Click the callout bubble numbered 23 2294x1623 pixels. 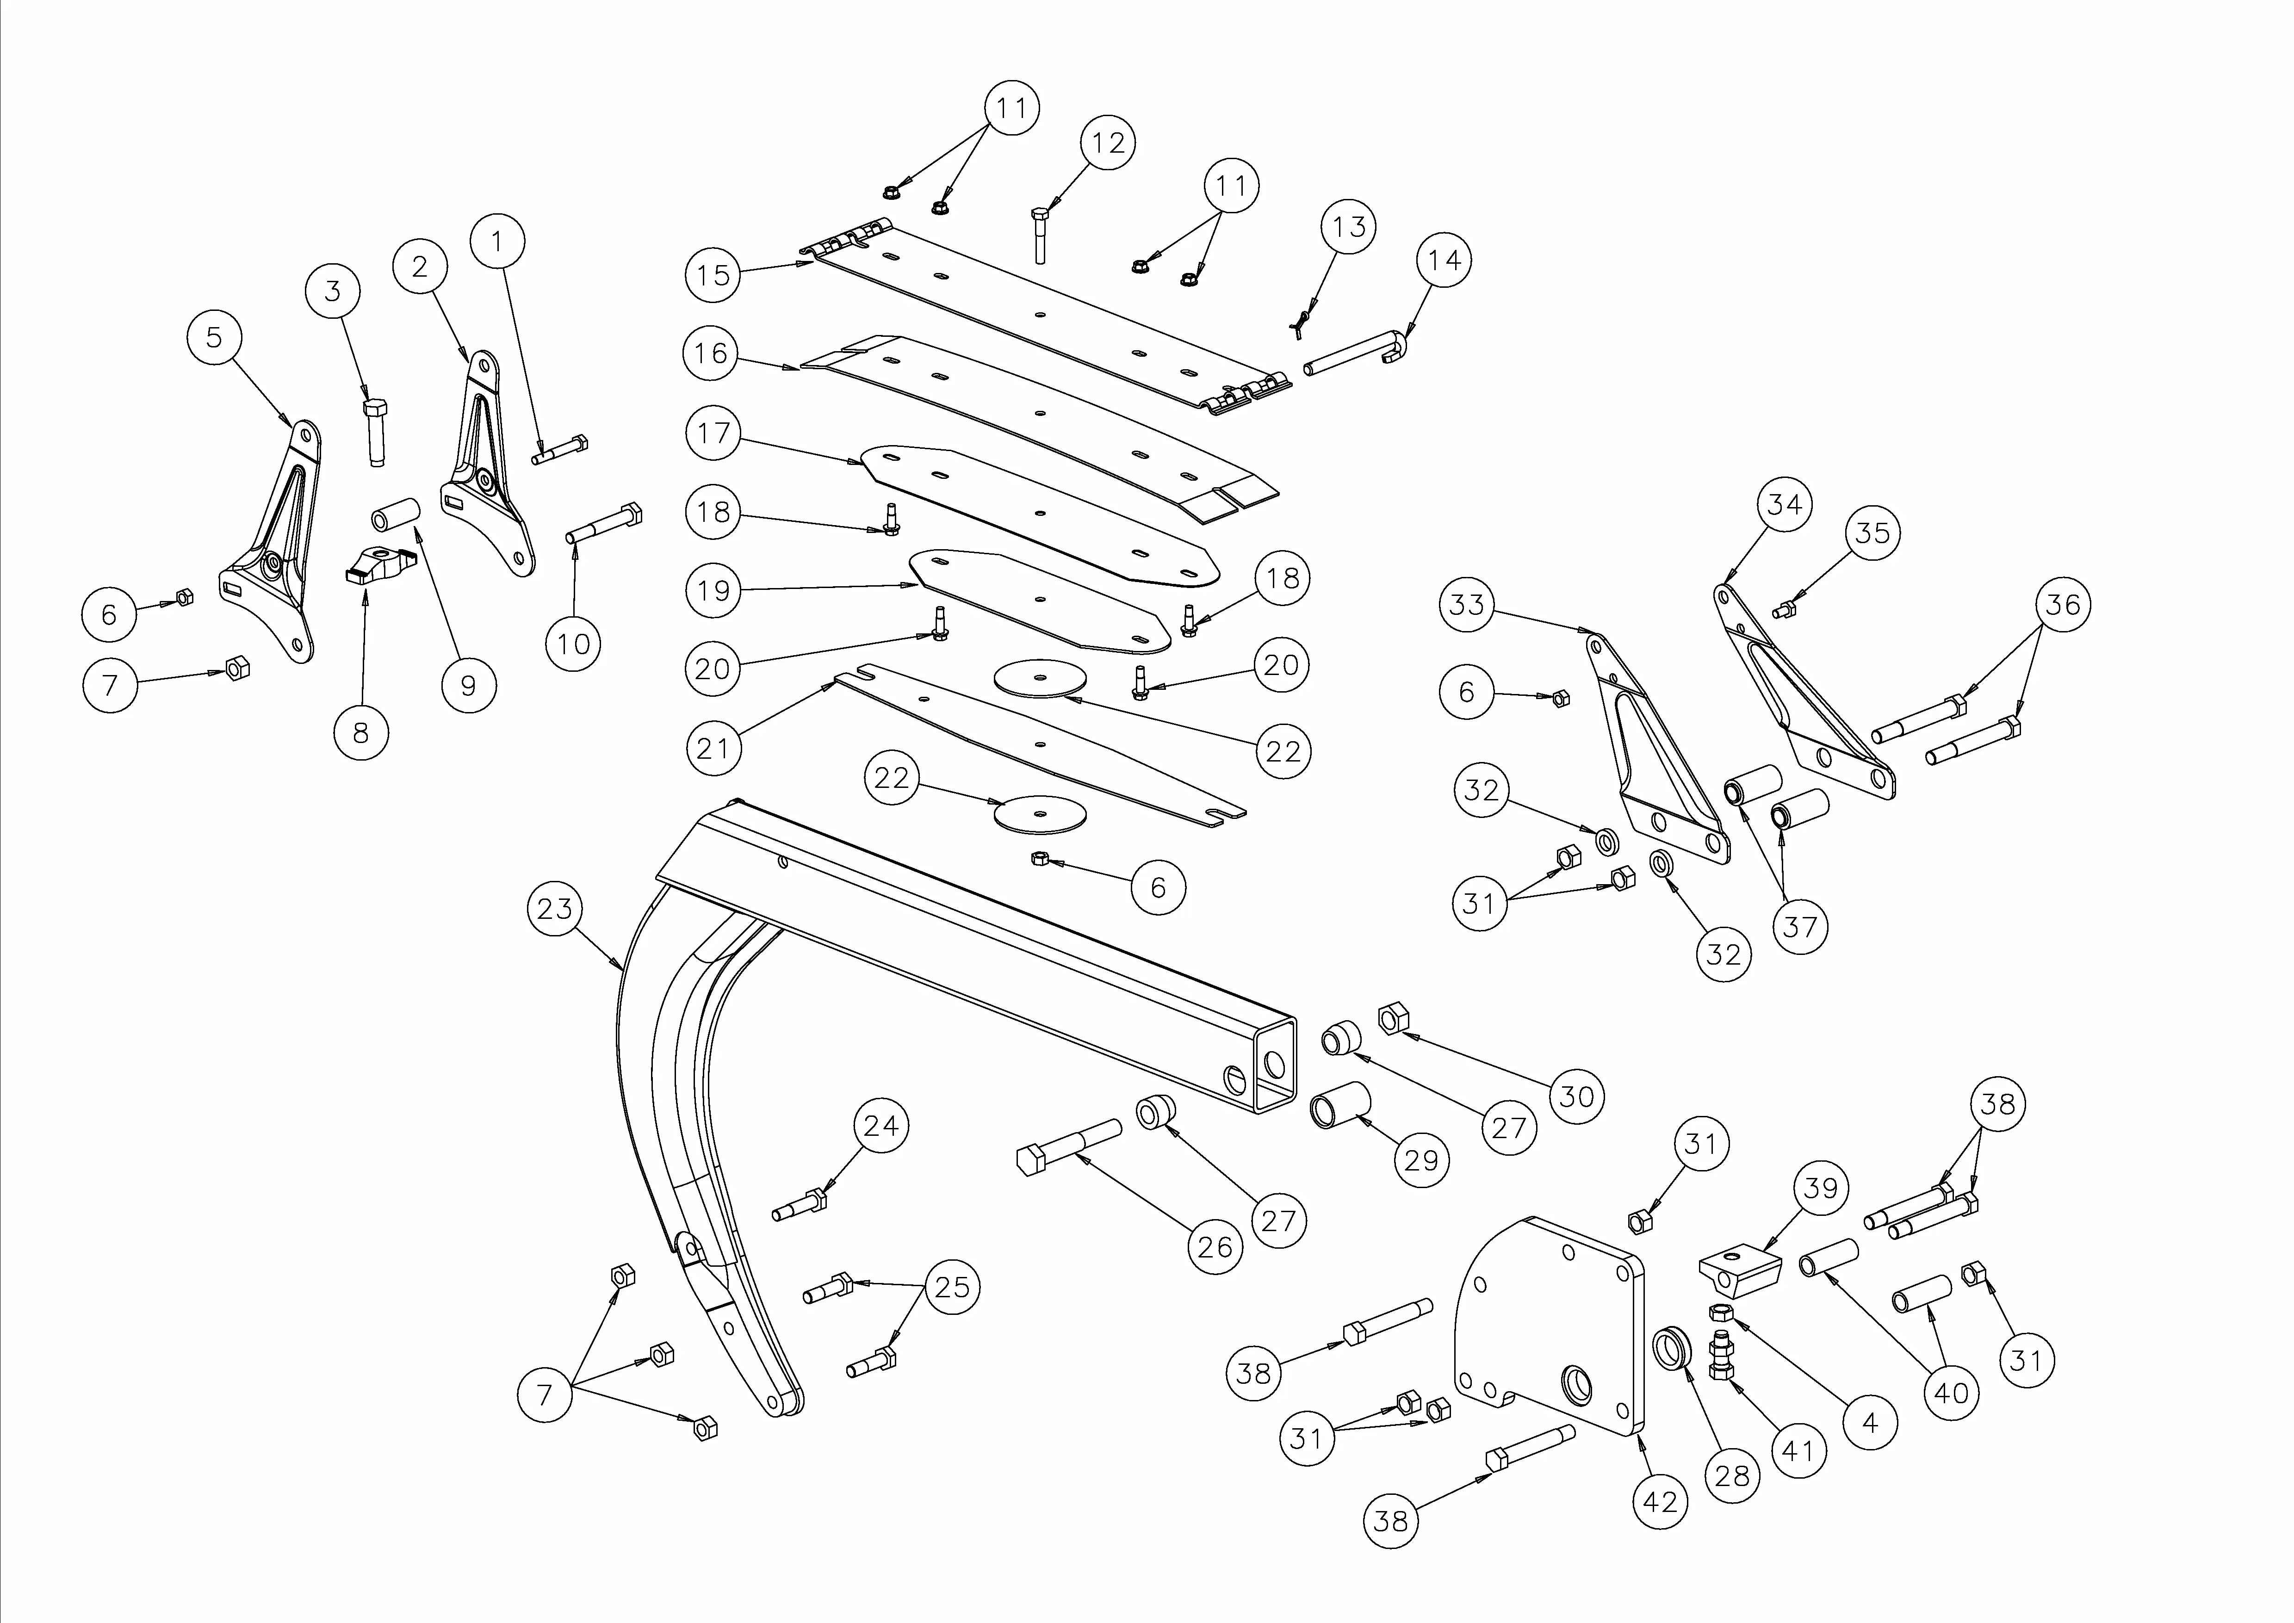[555, 909]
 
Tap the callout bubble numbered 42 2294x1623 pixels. [1660, 1501]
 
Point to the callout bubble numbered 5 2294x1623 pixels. [214, 338]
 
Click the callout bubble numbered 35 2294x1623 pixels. [1872, 533]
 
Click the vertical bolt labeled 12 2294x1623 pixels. [1040, 235]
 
